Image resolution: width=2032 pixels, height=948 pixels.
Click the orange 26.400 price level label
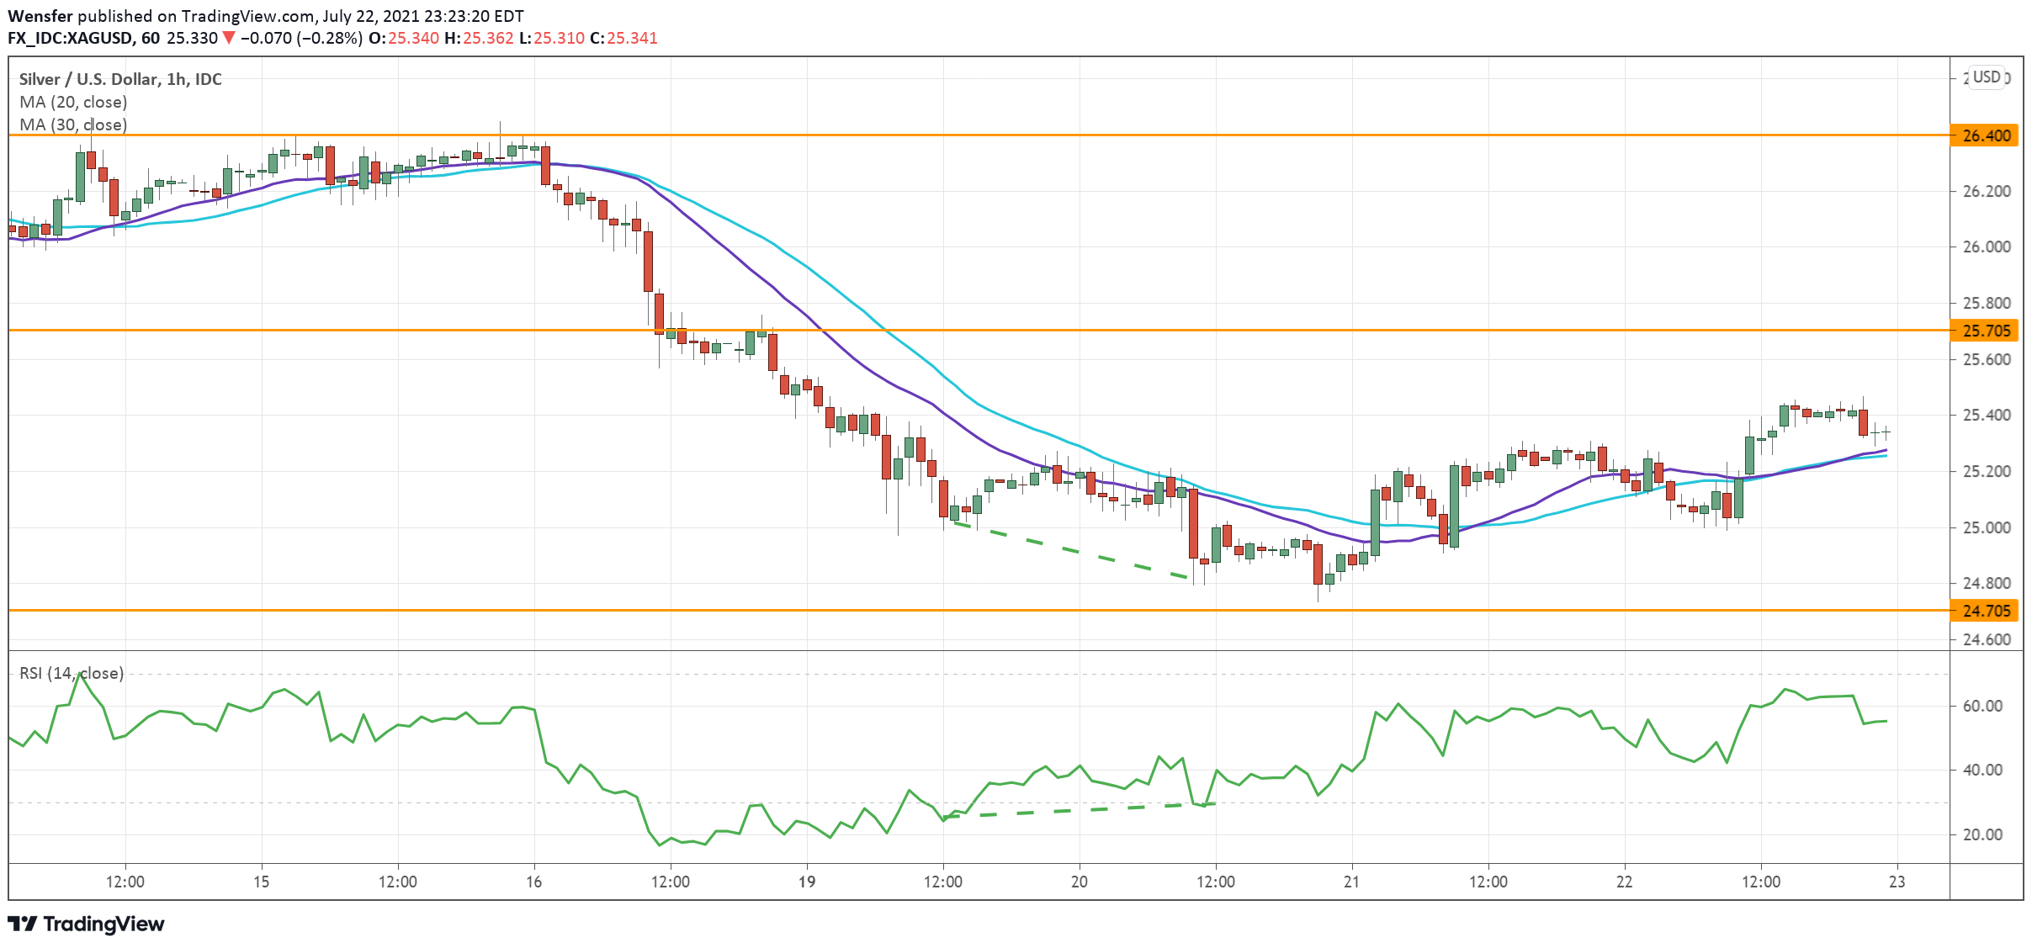pos(1985,135)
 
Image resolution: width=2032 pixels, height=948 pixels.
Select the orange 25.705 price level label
pos(1985,331)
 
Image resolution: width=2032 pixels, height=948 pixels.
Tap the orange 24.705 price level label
pos(1985,611)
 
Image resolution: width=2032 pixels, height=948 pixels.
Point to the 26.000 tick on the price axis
pos(1985,246)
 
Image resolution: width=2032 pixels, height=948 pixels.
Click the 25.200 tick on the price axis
pos(1985,471)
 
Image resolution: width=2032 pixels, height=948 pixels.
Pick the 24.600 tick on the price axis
pos(1985,639)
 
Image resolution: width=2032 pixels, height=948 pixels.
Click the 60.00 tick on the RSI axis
pos(1982,706)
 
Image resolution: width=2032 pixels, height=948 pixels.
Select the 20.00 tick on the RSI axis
pos(1982,834)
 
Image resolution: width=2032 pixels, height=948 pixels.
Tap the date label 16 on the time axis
pos(533,882)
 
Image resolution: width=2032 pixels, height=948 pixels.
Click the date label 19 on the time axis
pos(806,882)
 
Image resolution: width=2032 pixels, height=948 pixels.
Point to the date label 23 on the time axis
pos(1897,882)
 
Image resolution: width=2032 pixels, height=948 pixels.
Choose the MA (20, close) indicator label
pos(73,102)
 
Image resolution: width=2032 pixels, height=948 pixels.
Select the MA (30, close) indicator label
pos(73,124)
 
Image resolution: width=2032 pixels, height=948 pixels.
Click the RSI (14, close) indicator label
pos(72,673)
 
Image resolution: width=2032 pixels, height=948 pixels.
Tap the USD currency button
pos(1987,77)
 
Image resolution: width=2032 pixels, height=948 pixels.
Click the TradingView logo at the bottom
pos(86,924)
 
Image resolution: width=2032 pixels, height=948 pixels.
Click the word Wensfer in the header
pos(40,16)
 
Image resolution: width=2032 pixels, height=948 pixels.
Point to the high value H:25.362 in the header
pos(479,38)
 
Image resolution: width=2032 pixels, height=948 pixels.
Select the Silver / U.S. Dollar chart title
pos(120,79)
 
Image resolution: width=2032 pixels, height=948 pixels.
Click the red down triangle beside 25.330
pos(228,38)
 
